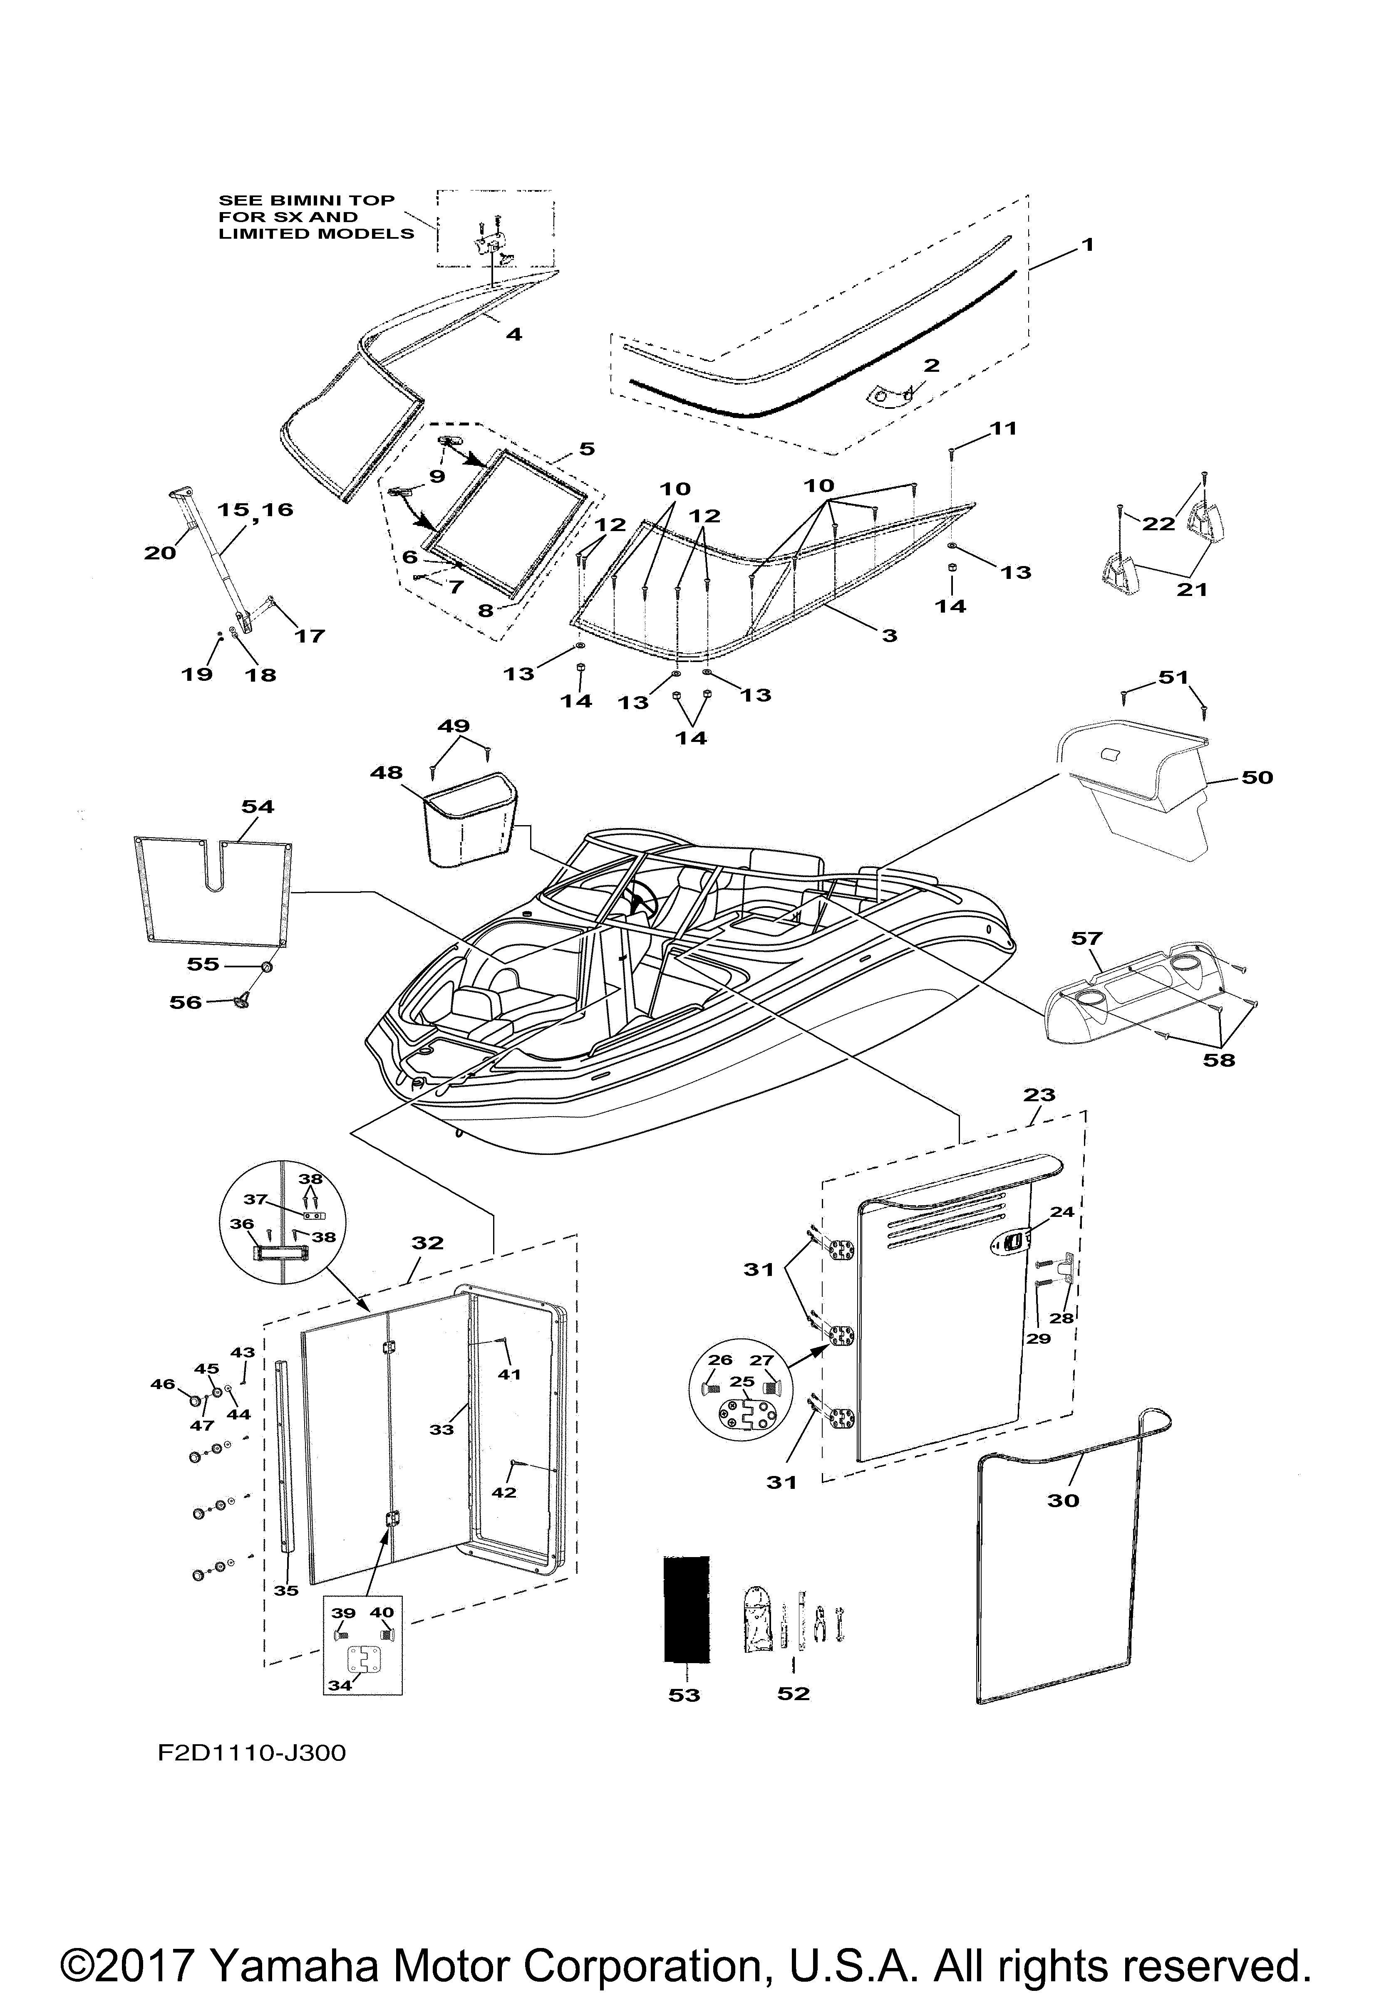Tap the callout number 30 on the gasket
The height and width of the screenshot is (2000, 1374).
(x=1063, y=1500)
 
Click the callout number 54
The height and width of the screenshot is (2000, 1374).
(x=258, y=806)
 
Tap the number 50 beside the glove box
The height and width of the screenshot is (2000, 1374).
(x=1257, y=777)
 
